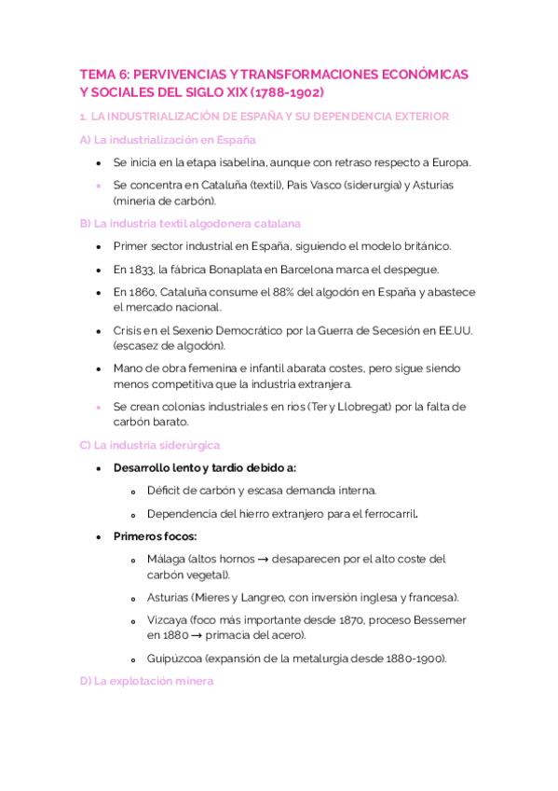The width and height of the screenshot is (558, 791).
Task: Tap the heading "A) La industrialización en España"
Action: pyautogui.click(x=168, y=140)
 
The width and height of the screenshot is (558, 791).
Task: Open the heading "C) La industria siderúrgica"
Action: pyautogui.click(x=149, y=445)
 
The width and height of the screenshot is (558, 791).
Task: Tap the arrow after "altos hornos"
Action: pyautogui.click(x=265, y=560)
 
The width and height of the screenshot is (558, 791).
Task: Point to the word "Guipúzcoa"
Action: pyautogui.click(x=175, y=658)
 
